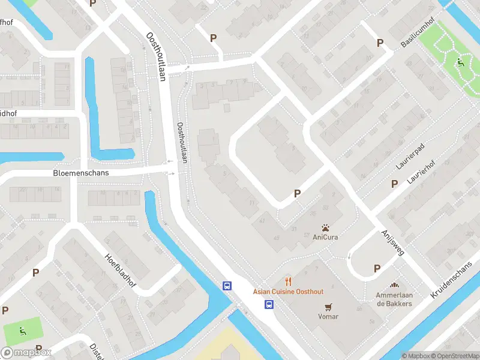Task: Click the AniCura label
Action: coord(325,237)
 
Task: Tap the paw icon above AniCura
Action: coord(325,227)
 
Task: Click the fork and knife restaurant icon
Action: coord(288,281)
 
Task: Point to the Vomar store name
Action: coord(328,316)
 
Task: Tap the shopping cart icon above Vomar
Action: coord(328,306)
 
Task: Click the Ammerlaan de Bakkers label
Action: coord(394,299)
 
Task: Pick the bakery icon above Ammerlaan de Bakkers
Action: coord(394,286)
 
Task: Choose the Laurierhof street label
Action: coord(420,172)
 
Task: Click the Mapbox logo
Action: coord(26,353)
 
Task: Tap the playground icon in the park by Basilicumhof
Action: coord(461,62)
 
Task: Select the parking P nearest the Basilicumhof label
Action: coord(379,43)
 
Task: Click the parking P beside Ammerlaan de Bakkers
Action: coord(377,268)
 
